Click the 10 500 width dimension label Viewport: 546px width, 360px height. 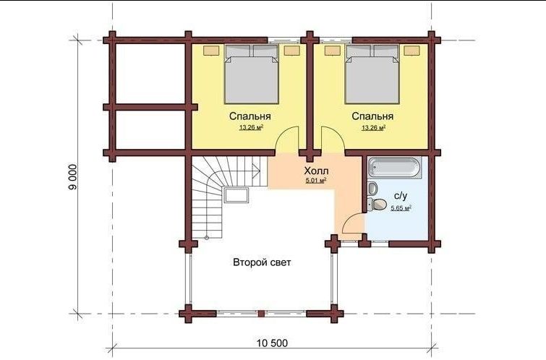coord(273,343)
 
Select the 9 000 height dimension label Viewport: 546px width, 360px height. coord(73,177)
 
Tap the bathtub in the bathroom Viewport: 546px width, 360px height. coord(395,168)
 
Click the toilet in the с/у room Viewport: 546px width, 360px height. coord(377,205)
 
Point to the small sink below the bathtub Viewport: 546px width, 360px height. coord(372,189)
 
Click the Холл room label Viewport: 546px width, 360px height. coord(316,171)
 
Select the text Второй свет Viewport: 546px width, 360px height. coord(262,262)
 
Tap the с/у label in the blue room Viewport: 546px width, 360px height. coord(401,197)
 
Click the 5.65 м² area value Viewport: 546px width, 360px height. coord(401,208)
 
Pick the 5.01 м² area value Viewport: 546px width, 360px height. coord(316,180)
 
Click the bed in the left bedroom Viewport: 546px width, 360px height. coord(252,74)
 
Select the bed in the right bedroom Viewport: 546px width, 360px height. coord(372,74)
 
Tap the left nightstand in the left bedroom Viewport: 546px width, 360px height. coord(211,51)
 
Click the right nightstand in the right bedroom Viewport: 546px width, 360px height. coord(411,51)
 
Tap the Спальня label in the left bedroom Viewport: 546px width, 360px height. coord(250,116)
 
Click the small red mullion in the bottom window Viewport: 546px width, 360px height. coord(261,313)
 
